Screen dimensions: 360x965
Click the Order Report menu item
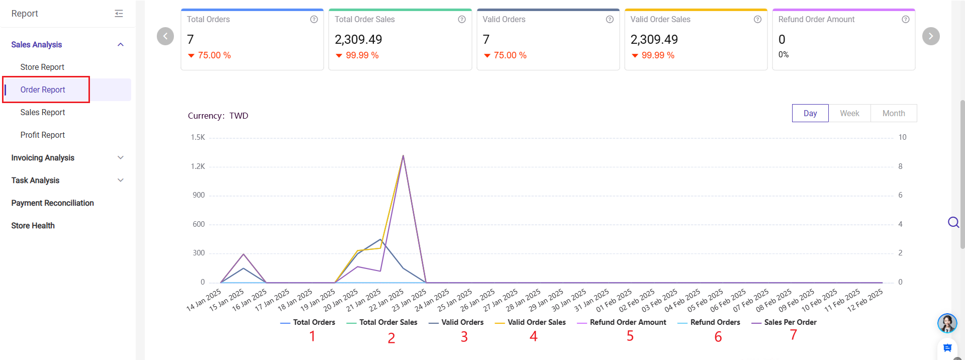click(43, 89)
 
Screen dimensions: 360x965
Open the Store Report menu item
click(42, 67)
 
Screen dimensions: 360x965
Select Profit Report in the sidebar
click(43, 135)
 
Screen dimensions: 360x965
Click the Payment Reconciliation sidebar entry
click(52, 203)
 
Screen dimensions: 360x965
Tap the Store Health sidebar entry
click(33, 225)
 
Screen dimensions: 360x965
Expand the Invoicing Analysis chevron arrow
click(121, 157)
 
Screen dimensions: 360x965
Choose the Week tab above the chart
click(849, 113)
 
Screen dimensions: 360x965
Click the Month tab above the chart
click(894, 113)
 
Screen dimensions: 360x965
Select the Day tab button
click(810, 113)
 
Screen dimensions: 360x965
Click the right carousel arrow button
click(931, 36)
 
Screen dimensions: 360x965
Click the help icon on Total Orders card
click(314, 19)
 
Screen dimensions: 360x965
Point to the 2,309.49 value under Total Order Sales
click(358, 39)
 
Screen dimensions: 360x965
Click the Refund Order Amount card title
click(816, 19)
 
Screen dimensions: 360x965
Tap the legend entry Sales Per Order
click(790, 322)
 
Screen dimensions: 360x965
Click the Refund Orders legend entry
click(715, 322)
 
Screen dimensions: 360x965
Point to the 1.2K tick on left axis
click(198, 166)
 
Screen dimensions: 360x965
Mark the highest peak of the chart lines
click(403, 156)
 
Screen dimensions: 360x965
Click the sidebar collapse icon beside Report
click(119, 14)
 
